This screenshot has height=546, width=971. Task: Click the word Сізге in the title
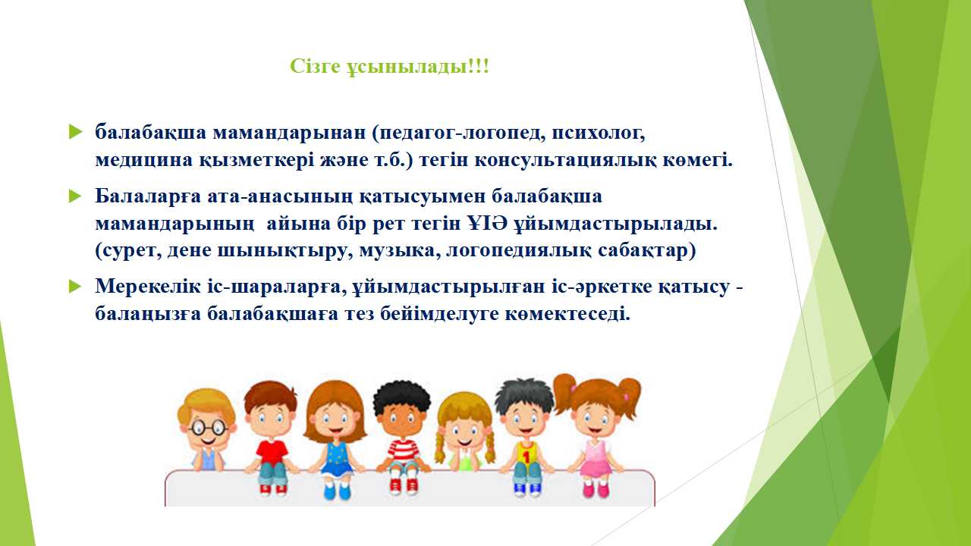(x=315, y=66)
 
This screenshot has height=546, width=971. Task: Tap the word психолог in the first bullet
(x=598, y=133)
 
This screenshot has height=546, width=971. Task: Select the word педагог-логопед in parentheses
(x=458, y=133)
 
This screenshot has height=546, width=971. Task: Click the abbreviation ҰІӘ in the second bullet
(x=488, y=224)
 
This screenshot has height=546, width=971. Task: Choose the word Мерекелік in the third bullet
(x=148, y=287)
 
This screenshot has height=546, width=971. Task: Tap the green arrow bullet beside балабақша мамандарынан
(x=75, y=132)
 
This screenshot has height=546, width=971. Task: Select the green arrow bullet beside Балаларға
(x=75, y=196)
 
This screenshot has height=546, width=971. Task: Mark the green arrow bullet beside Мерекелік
(x=75, y=287)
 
